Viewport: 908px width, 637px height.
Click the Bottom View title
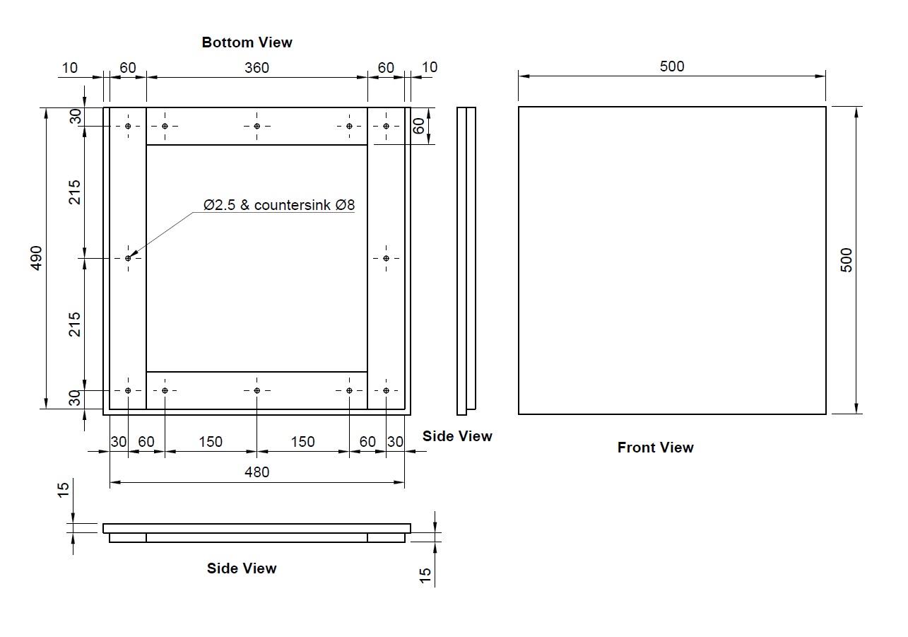click(247, 42)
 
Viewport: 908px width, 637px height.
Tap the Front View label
click(655, 448)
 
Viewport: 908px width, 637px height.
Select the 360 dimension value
click(257, 68)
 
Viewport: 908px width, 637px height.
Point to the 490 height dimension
click(37, 257)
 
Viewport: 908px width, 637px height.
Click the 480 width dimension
click(257, 472)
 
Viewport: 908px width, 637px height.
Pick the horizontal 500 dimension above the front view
click(671, 66)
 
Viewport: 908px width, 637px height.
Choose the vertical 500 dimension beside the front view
click(847, 259)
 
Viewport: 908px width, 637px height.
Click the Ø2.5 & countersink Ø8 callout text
click(279, 205)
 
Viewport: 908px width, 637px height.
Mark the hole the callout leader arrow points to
click(128, 258)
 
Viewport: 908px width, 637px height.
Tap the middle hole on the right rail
click(386, 258)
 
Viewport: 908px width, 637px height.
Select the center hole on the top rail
click(257, 126)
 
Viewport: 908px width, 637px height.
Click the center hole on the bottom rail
click(257, 390)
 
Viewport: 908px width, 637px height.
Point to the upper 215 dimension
click(74, 192)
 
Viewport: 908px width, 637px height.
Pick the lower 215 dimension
click(74, 324)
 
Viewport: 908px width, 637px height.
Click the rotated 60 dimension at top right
click(419, 126)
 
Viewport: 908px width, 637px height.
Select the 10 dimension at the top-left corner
click(69, 68)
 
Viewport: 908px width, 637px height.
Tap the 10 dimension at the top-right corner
click(430, 67)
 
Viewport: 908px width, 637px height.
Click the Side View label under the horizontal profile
click(242, 568)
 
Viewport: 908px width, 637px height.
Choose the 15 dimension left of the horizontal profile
click(64, 489)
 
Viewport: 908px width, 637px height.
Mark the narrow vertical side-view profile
click(466, 261)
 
